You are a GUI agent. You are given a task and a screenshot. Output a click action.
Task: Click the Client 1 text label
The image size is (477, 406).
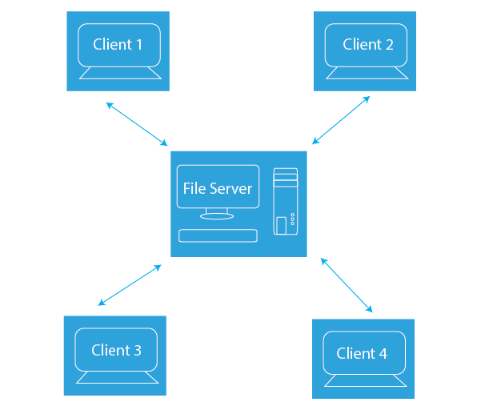point(118,44)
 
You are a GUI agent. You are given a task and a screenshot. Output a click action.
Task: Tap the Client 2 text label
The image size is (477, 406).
point(368,44)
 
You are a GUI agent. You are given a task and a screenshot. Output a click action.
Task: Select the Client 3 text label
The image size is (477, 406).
point(116,350)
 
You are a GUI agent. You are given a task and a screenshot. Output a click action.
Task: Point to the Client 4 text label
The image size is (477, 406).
point(362,353)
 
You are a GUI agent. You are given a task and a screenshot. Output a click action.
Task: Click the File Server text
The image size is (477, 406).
point(218,188)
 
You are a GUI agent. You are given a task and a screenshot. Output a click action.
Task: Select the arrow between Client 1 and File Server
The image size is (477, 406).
point(137,124)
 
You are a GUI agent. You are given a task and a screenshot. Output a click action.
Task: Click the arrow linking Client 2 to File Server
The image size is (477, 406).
point(341,120)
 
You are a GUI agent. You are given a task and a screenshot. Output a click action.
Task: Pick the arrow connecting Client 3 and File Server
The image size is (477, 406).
point(130,285)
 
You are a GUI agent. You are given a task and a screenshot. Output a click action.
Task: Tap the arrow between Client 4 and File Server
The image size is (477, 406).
point(347,285)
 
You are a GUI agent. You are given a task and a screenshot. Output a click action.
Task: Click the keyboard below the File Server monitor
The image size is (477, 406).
point(218,235)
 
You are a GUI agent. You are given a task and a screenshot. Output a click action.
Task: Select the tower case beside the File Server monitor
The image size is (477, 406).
point(286,202)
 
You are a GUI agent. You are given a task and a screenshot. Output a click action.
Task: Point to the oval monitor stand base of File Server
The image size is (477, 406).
point(217,216)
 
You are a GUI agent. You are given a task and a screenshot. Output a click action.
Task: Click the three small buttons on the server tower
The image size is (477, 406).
point(293,219)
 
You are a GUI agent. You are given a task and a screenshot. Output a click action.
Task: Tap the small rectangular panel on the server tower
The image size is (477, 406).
point(281,226)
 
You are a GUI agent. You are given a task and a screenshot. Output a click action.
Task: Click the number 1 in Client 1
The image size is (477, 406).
point(139,45)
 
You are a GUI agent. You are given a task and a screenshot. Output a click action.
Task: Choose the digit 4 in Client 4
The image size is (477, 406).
point(383,354)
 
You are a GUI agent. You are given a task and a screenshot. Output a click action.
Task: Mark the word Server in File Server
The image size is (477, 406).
point(230,189)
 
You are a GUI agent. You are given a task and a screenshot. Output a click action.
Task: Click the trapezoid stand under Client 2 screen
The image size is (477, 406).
point(367,73)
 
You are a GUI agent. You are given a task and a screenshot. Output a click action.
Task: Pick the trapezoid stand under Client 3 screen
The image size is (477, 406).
point(117,377)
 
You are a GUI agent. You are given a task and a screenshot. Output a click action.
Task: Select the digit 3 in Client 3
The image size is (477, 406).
point(138,351)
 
